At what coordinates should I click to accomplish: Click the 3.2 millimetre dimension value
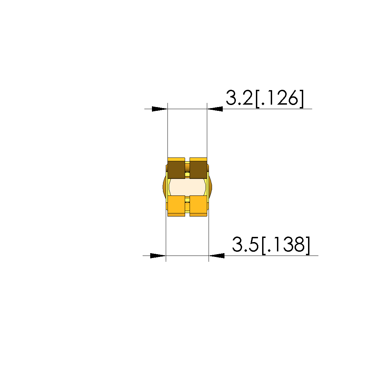(x=239, y=97)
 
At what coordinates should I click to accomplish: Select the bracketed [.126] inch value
(x=279, y=98)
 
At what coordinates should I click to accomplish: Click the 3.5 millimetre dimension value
(x=246, y=244)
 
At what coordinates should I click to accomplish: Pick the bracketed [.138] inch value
(x=286, y=245)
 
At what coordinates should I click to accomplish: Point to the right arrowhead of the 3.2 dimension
(x=215, y=109)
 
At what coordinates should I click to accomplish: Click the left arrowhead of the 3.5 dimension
(x=158, y=256)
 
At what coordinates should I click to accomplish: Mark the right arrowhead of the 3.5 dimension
(x=217, y=256)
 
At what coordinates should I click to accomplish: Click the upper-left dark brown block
(x=176, y=170)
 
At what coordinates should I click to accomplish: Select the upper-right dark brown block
(x=198, y=170)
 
